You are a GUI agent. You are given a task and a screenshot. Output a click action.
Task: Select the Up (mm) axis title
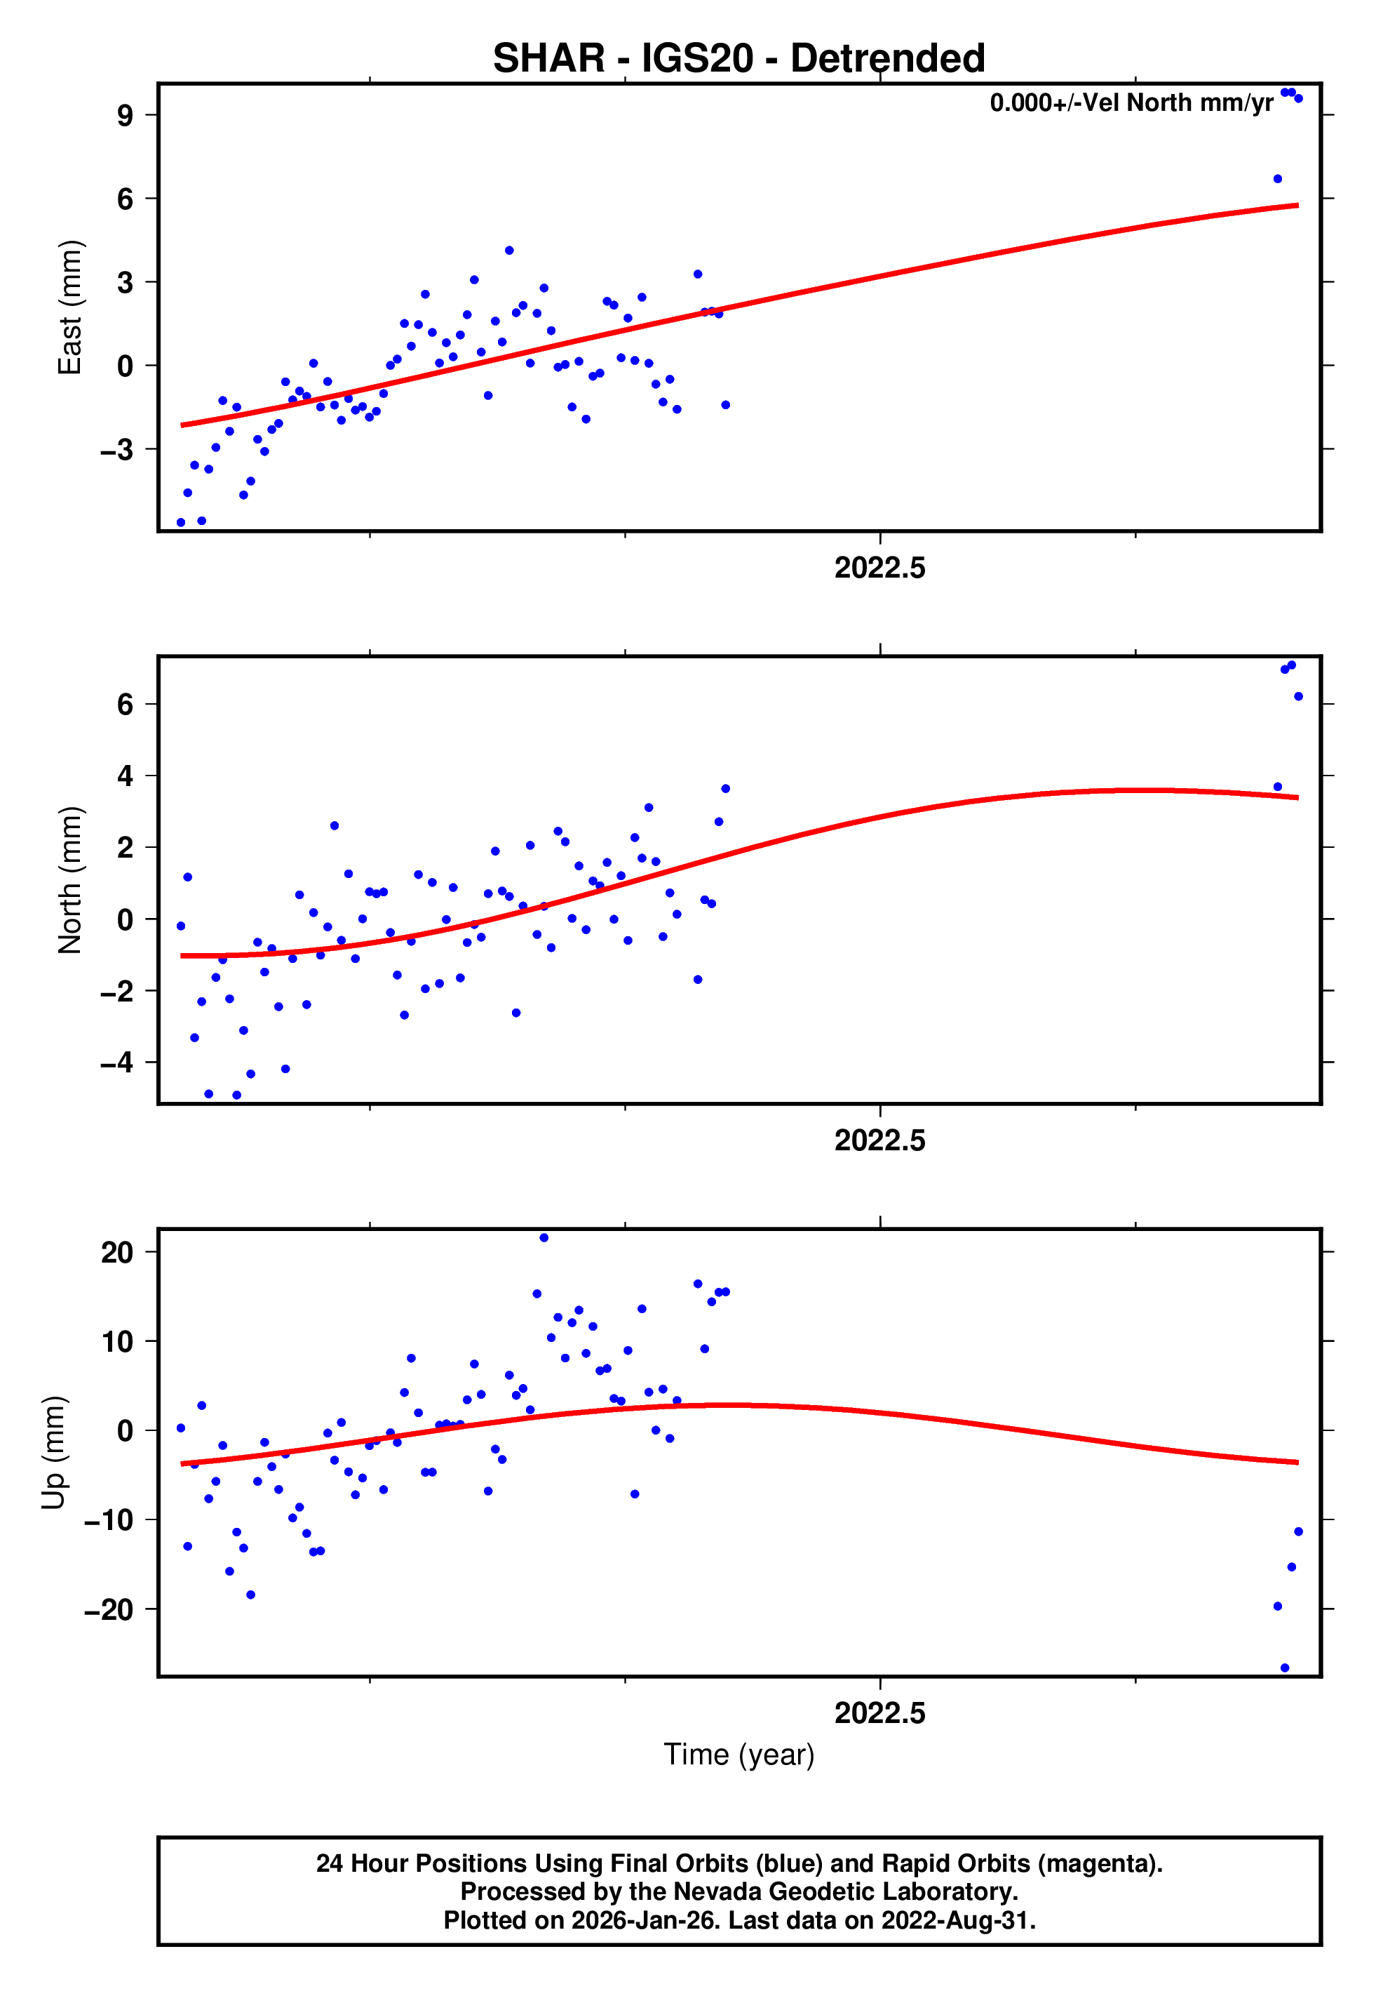coord(53,1453)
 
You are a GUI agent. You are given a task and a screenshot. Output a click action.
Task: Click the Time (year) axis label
coord(739,1755)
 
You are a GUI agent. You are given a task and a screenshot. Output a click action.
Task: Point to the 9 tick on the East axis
coord(125,116)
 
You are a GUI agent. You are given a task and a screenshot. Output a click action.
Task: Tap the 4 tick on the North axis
coord(125,776)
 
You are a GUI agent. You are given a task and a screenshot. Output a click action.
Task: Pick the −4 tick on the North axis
coord(116,1062)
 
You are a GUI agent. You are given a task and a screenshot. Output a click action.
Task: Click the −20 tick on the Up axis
coord(108,1609)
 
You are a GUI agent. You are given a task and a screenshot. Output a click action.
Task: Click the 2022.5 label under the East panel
coord(879,568)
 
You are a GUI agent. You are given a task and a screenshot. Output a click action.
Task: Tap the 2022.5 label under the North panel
coord(879,1140)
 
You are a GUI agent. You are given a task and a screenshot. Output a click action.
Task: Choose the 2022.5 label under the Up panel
coord(879,1713)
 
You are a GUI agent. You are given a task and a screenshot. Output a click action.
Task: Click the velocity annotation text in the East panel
coord(1131,103)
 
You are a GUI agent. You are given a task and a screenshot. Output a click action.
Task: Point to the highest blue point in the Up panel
coord(544,1238)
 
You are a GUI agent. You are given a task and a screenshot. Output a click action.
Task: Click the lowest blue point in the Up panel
coord(1285,1668)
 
